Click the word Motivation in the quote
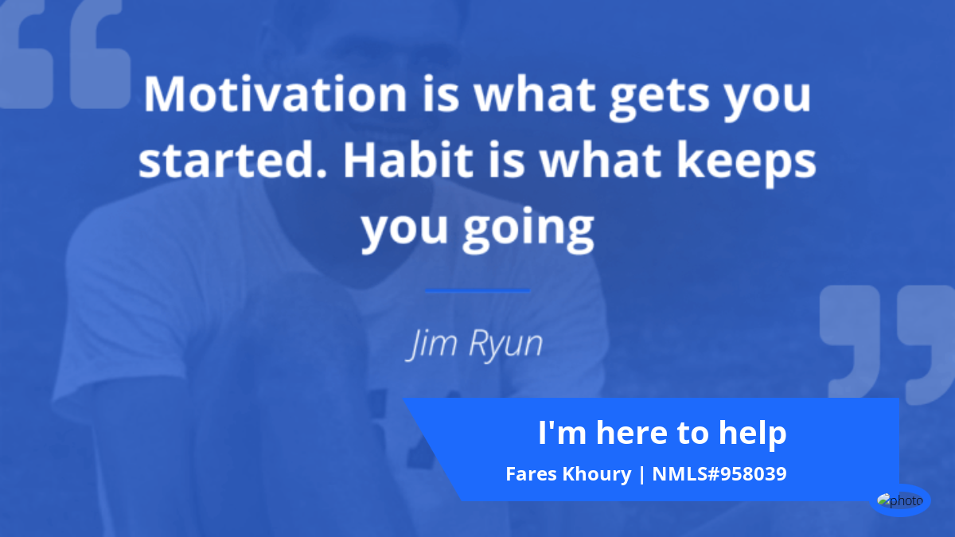[275, 94]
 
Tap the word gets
[660, 98]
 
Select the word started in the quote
[232, 159]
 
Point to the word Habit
[408, 159]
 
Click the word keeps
[746, 164]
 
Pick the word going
[528, 229]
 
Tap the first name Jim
[431, 344]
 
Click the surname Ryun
[505, 344]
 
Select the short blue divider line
[477, 290]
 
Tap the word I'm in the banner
[563, 433]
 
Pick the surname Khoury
[597, 475]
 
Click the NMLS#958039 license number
[719, 474]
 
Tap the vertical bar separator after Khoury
[641, 475]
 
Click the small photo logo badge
[900, 500]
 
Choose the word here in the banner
[632, 433]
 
